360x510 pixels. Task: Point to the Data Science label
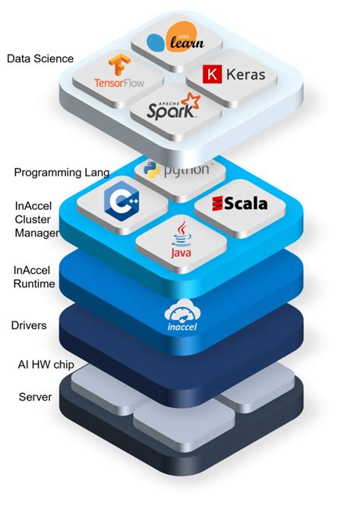coord(40,58)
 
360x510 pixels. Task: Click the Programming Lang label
coord(62,173)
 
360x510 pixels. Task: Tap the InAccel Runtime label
coord(36,277)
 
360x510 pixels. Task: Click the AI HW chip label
coord(46,363)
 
